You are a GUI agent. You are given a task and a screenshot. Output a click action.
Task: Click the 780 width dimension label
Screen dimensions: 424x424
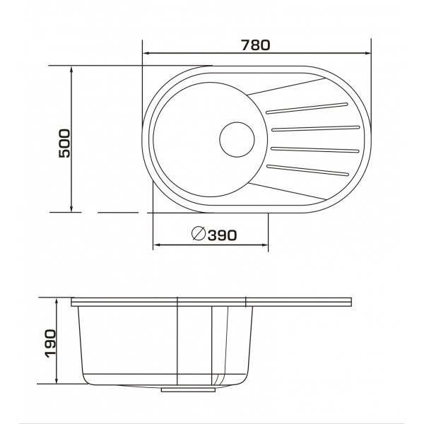tap(256, 45)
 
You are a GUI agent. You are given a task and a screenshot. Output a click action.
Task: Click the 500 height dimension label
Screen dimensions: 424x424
tap(64, 143)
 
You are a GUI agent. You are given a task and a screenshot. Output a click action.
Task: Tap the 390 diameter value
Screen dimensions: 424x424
tap(222, 235)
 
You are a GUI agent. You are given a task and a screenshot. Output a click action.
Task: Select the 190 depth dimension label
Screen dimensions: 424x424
tap(51, 343)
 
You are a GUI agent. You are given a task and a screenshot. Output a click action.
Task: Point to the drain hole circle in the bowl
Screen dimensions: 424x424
tap(237, 139)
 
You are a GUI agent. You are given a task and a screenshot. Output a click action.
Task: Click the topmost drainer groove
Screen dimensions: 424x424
tap(307, 108)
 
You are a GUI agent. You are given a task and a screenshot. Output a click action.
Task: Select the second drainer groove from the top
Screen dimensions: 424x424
tap(316, 129)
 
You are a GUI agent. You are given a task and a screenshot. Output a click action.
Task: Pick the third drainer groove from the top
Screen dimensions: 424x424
tap(315, 150)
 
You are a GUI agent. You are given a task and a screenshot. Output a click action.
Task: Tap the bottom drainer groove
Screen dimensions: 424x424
tap(307, 170)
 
